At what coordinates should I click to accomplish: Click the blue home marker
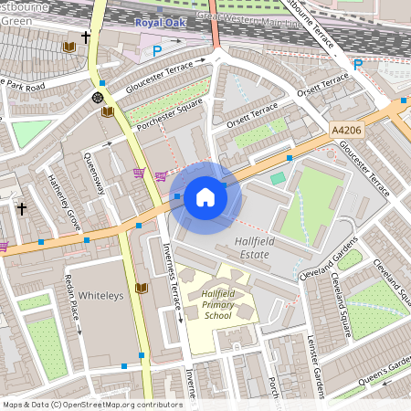click(x=205, y=197)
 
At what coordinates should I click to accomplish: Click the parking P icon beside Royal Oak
click(x=157, y=52)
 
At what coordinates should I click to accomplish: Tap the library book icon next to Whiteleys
click(x=141, y=289)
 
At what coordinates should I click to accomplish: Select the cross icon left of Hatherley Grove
click(x=22, y=209)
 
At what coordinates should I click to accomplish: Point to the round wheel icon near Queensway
click(x=97, y=97)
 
